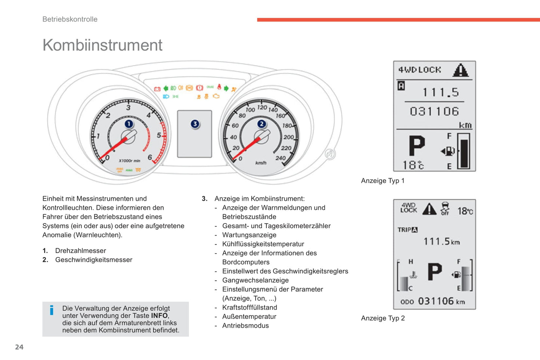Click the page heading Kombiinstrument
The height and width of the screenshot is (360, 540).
(x=102, y=45)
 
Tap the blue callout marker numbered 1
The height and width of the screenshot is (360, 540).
(x=129, y=124)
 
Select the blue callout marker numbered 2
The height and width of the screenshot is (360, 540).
(x=261, y=124)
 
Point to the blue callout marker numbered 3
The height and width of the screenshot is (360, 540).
(x=195, y=124)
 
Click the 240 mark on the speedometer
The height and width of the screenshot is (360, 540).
(x=280, y=158)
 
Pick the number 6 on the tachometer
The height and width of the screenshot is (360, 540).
(x=150, y=157)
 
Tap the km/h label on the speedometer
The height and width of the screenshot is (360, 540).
(x=261, y=163)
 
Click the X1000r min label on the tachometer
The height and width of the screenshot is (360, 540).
(x=129, y=161)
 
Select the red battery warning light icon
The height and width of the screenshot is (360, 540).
(x=157, y=89)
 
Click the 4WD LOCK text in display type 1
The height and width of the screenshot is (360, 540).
(x=420, y=70)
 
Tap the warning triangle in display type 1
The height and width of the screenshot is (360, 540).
(x=460, y=70)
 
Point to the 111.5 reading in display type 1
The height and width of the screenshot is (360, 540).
(x=441, y=92)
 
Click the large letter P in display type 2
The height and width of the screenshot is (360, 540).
(x=435, y=271)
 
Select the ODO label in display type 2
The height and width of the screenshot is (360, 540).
(x=407, y=302)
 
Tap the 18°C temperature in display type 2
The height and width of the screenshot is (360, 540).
(x=465, y=211)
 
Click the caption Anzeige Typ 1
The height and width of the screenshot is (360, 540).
(x=383, y=181)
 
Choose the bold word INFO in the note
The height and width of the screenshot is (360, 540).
(x=159, y=316)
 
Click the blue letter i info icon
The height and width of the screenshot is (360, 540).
(x=52, y=310)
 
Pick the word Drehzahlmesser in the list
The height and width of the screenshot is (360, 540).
(x=80, y=251)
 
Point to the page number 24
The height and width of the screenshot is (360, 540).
(x=19, y=347)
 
